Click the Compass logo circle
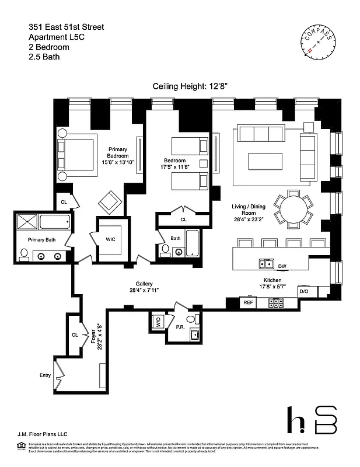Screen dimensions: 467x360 pyautogui.click(x=318, y=44)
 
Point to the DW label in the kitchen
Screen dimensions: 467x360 pyautogui.click(x=282, y=266)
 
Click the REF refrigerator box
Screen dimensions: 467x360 pyautogui.click(x=248, y=303)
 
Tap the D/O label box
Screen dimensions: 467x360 pyautogui.click(x=303, y=291)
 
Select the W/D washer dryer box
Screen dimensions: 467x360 pyautogui.click(x=158, y=322)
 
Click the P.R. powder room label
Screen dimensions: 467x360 pyautogui.click(x=180, y=327)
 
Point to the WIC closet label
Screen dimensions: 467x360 pyautogui.click(x=111, y=239)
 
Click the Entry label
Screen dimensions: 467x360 pyautogui.click(x=45, y=375)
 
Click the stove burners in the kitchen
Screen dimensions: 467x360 pyautogui.click(x=275, y=303)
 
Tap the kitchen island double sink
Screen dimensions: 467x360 pyautogui.click(x=267, y=264)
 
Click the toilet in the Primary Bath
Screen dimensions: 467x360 pyautogui.click(x=25, y=254)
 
